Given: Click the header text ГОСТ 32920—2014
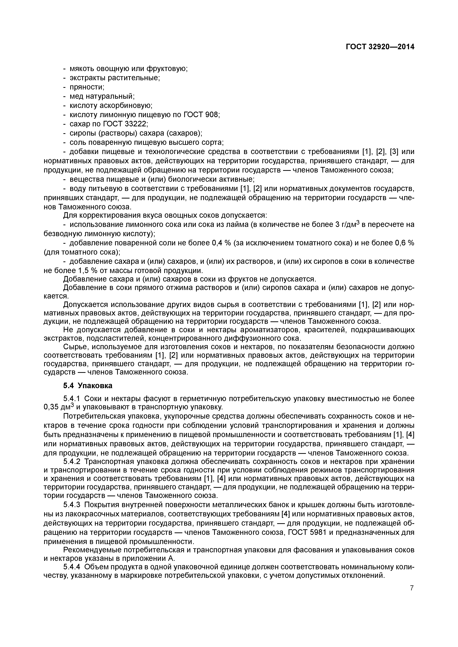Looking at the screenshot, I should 380,47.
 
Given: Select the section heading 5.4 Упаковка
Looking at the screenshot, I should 88,386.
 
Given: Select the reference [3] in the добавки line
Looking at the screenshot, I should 394,152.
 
